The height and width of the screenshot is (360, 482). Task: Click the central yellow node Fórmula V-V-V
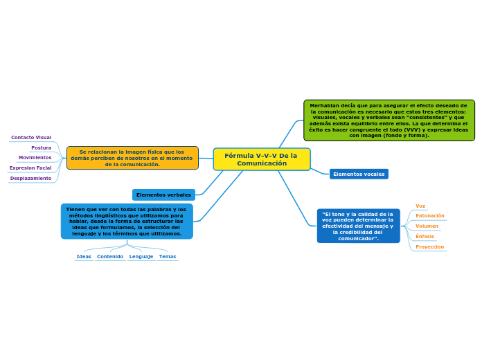click(261, 159)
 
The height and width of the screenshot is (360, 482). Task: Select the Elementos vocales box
click(359, 174)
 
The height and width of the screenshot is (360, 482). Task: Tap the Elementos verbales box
click(163, 195)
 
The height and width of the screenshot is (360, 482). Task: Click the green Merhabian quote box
click(389, 120)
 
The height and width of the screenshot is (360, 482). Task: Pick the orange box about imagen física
click(132, 158)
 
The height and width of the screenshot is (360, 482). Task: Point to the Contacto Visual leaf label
click(31, 138)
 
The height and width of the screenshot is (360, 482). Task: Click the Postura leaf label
click(42, 147)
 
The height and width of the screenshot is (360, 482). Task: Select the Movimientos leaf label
click(35, 158)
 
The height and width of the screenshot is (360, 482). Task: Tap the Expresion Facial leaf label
click(30, 168)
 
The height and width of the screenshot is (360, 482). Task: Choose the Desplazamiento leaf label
click(30, 178)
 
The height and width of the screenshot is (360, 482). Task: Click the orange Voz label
click(420, 206)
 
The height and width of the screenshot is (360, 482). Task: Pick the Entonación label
click(430, 216)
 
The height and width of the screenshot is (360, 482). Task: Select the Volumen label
click(427, 226)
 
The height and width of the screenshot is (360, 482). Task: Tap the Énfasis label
click(425, 236)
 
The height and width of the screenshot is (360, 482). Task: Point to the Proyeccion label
click(429, 246)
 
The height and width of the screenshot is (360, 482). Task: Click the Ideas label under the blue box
click(84, 257)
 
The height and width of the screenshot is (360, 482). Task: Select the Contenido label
click(110, 257)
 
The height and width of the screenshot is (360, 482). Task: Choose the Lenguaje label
click(141, 257)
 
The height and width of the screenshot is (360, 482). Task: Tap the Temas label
click(167, 257)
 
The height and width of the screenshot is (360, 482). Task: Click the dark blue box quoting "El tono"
click(358, 226)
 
